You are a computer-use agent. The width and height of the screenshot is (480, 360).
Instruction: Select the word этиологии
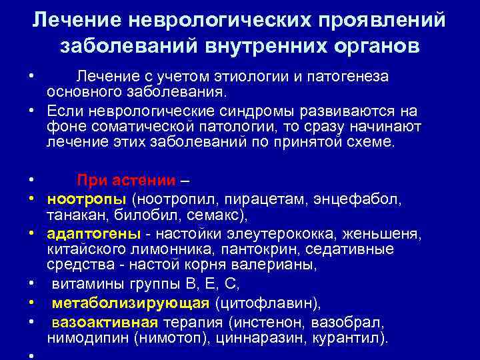[243, 77]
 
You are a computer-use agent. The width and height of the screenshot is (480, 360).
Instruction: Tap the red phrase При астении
[127, 180]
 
